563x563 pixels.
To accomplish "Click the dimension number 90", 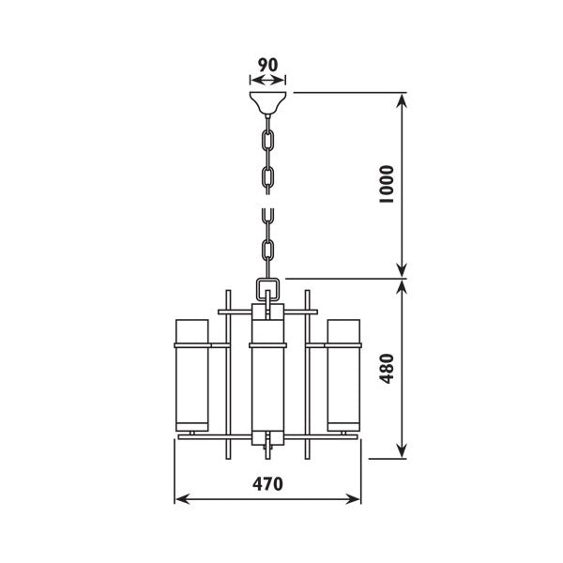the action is [267, 65].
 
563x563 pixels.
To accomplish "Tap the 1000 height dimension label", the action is [387, 184].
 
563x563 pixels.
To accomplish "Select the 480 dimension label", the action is [387, 369].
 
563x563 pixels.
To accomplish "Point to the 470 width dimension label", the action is [267, 484].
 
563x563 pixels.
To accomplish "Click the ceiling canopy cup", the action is [267, 103].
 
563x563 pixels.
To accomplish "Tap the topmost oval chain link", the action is [267, 141].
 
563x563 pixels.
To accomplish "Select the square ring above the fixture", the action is [267, 289].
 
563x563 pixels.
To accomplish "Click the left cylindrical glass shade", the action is [192, 375].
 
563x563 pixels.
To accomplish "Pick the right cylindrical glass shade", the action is [343, 375].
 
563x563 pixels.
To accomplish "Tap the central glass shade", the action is [267, 375].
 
